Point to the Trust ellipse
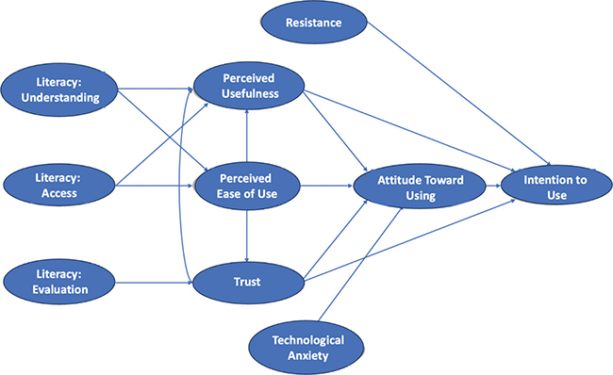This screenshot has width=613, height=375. pos(247,280)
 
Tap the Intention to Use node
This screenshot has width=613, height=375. pos(549,185)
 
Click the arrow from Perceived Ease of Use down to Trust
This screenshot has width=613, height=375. pos(247,232)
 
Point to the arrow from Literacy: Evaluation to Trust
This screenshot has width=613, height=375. pos(155,280)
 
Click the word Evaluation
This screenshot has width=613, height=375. pos(61,288)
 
